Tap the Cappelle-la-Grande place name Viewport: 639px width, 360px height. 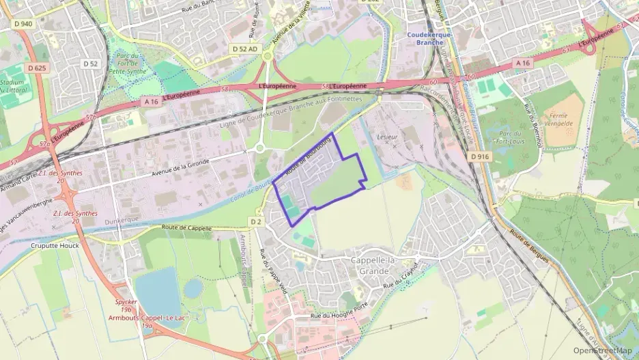(x=378, y=265)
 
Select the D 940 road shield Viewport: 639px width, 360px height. (x=23, y=24)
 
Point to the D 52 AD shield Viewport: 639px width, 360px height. (x=244, y=49)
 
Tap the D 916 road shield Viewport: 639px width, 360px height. (x=481, y=156)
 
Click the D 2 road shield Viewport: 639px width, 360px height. (x=255, y=221)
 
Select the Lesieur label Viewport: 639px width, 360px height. (x=387, y=137)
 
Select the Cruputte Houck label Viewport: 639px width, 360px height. (x=55, y=245)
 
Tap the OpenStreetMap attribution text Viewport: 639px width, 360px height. (x=603, y=350)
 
